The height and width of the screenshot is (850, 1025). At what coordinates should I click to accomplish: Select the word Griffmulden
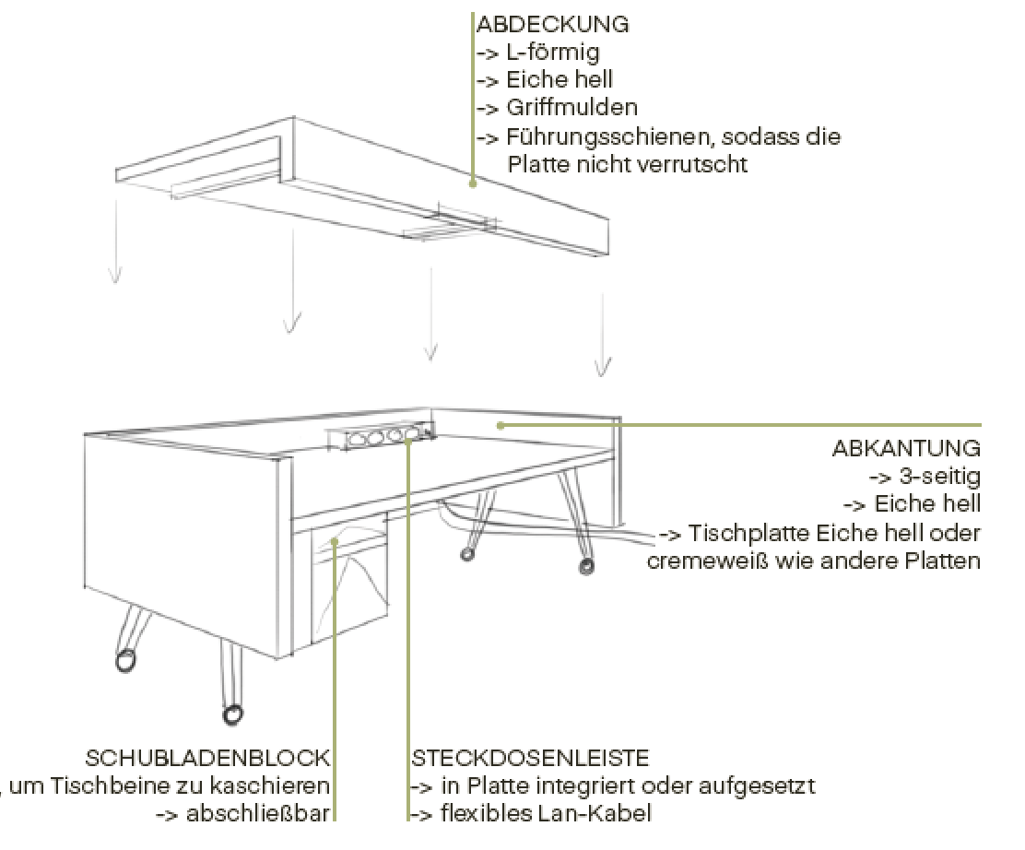(571, 108)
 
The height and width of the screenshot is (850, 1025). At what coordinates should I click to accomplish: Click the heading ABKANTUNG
(906, 449)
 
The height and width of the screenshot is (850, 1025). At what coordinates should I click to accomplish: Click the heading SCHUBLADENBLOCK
(207, 759)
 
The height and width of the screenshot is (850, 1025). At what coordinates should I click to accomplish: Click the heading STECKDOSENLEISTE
(530, 759)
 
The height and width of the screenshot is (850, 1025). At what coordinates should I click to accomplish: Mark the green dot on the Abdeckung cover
(473, 183)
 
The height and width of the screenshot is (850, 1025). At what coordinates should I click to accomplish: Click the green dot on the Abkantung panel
(500, 425)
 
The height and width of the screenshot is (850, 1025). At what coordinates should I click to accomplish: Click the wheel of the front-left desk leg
(124, 660)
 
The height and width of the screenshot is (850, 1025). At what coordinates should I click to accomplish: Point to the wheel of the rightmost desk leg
(585, 565)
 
